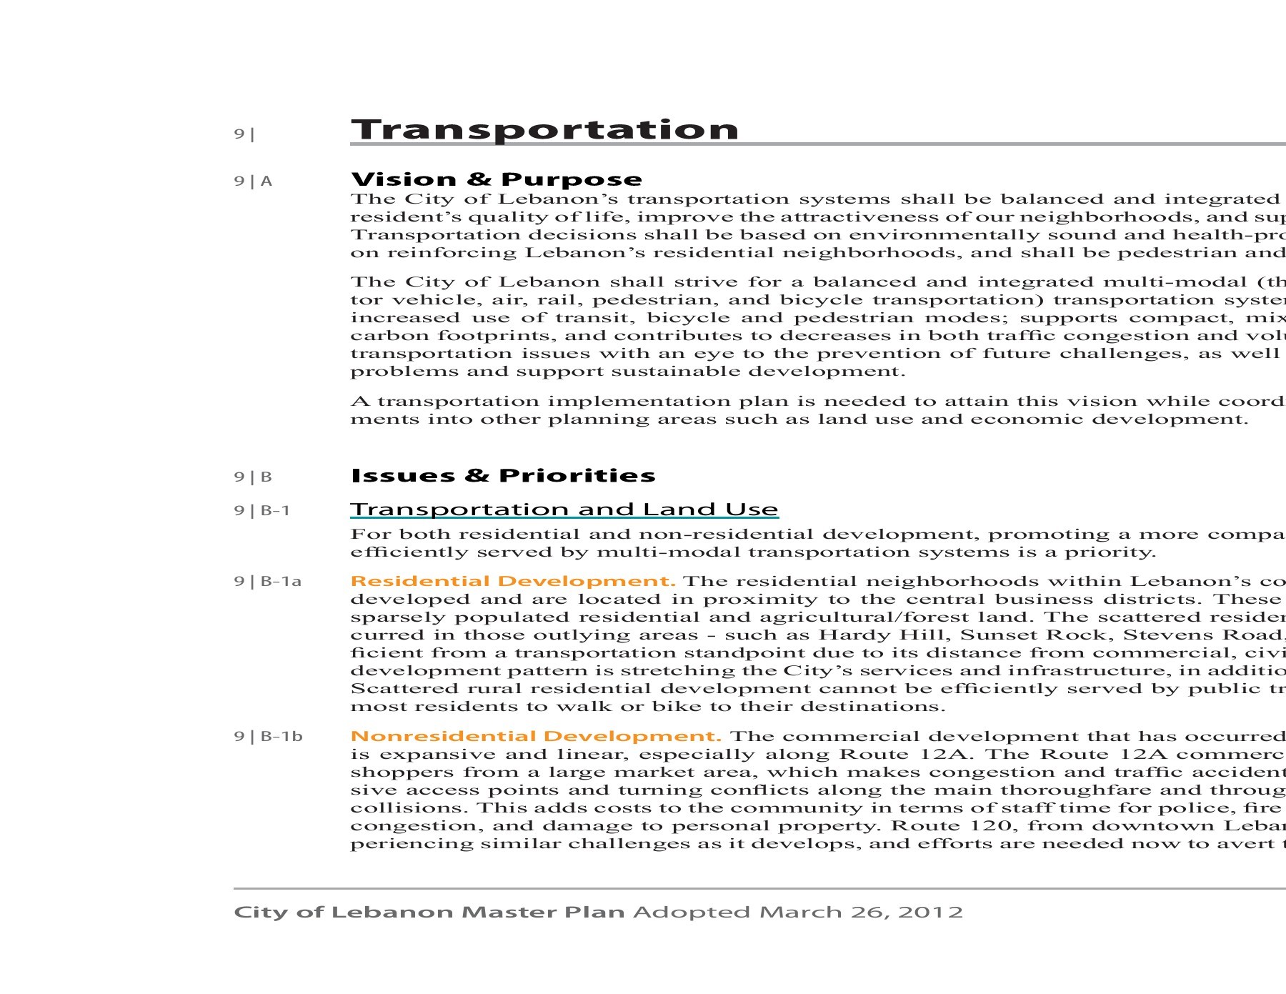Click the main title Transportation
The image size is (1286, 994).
point(544,129)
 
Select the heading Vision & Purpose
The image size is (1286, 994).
point(497,179)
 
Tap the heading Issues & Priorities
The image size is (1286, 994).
point(503,475)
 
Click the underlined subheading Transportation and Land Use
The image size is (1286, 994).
point(564,510)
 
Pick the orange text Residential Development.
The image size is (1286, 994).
point(513,581)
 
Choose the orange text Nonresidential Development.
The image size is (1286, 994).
point(536,736)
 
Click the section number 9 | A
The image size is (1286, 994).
point(253,182)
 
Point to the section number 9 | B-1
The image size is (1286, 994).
point(261,510)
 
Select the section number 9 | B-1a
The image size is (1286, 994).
point(267,582)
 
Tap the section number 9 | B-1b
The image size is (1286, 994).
point(268,737)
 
